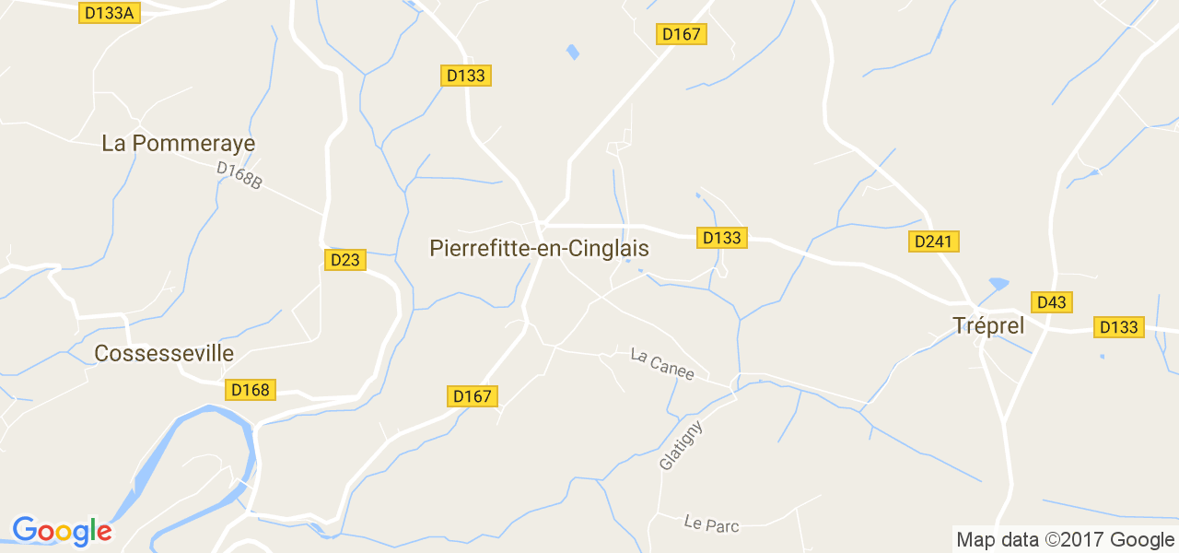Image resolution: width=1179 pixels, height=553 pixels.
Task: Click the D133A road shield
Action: point(110,13)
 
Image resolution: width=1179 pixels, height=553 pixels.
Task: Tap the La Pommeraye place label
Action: point(179,144)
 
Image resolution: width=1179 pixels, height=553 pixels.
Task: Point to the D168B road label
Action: point(239,176)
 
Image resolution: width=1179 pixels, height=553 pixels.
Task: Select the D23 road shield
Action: point(345,260)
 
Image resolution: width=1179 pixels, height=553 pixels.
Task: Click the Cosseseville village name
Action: point(164,354)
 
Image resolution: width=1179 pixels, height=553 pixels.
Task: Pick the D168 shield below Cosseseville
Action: point(251,390)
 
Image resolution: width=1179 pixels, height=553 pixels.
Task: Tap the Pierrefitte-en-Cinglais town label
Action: point(539,249)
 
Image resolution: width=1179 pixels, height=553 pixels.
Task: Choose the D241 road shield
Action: point(934,241)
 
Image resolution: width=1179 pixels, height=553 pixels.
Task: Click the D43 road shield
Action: point(1051,302)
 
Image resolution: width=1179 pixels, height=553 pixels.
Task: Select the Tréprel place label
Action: point(987,326)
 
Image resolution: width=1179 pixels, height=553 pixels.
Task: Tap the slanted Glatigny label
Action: point(681,446)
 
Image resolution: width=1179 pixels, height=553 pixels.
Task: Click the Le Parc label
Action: point(711,524)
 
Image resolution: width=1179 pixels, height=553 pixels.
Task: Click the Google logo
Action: point(62,531)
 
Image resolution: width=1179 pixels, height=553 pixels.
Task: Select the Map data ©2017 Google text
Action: point(1065,540)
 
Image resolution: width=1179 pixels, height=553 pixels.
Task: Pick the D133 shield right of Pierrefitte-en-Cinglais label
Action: point(722,238)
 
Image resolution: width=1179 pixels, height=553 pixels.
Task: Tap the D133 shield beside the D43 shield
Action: point(1119,327)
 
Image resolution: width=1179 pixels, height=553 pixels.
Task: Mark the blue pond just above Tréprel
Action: point(998,283)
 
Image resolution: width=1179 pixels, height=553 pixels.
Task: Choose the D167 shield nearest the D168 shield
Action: point(473,396)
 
